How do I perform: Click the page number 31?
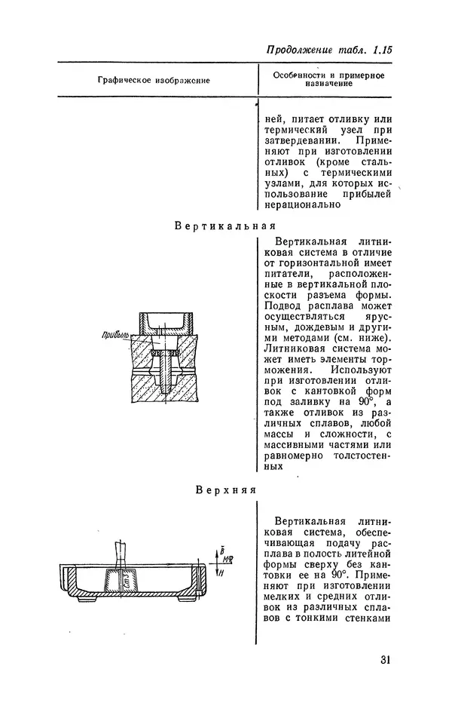[384, 661]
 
